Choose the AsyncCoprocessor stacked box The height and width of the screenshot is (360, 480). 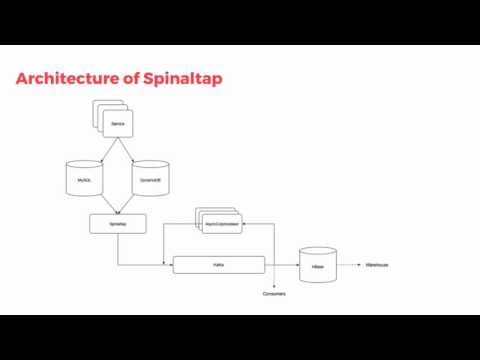pos(218,225)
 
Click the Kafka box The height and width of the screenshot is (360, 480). pos(218,265)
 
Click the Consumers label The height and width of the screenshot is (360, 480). pos(274,294)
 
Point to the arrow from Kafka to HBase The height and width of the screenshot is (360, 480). pos(283,265)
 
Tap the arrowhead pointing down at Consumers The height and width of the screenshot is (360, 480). pos(274,286)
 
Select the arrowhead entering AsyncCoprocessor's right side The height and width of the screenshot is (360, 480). pos(244,225)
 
